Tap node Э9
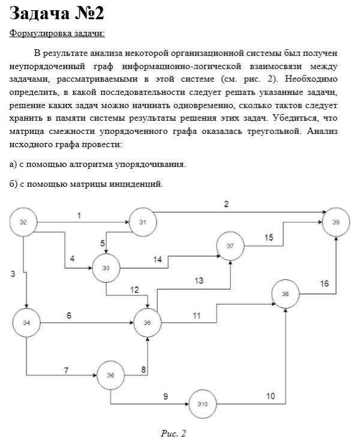pos(336,222)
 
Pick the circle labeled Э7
pos(230,246)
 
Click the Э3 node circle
pos(106,268)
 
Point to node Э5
pos(148,322)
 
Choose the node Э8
pos(286,294)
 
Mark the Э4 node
pos(26,322)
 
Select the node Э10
pos(202,404)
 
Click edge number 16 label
pos(324,283)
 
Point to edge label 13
pos(199,280)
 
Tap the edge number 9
pos(166,396)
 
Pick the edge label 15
pos(269,238)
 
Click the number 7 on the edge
pos(66,370)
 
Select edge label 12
pos(135,291)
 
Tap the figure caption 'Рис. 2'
pos(174,433)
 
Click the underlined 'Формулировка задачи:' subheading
pos(57,33)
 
